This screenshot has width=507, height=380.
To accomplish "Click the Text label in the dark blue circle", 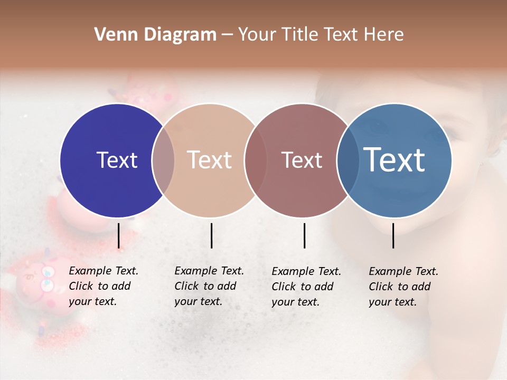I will coord(117,160).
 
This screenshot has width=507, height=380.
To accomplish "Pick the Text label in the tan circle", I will coord(210,160).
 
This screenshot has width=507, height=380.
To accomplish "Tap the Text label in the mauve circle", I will coord(302,160).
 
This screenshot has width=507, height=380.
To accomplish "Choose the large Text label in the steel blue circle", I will coord(395,160).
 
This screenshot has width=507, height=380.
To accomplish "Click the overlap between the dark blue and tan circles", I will coord(163,160).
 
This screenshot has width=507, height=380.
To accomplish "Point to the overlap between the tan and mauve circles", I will coord(256,160).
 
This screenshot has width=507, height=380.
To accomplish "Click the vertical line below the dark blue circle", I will coord(118,235).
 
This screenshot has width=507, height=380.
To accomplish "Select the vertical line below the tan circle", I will coord(211,235).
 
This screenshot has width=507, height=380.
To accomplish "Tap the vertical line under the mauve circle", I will coord(304,235).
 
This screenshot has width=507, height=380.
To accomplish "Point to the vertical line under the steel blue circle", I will coord(393,235).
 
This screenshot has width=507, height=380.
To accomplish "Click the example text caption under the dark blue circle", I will coord(103,286).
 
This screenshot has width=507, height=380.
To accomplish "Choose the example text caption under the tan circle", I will coord(209,286).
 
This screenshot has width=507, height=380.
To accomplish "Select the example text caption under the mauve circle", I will coord(306,287).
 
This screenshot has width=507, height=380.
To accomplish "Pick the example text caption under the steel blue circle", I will coord(403,287).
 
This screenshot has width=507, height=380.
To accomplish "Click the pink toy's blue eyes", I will coord(48,278).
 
